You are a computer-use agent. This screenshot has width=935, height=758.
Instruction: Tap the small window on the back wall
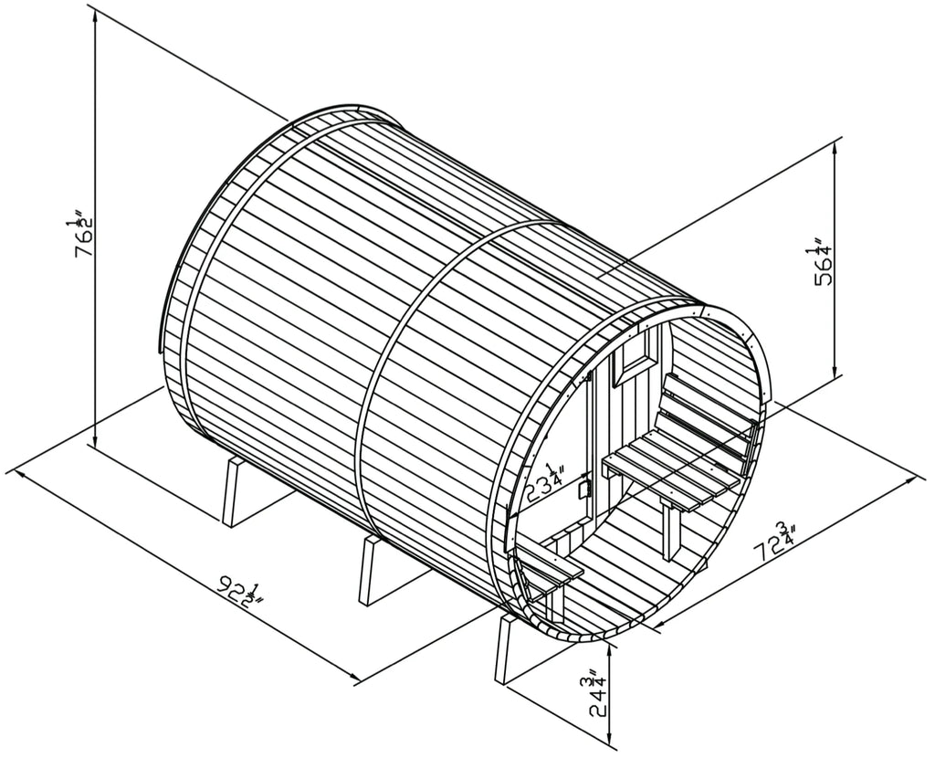(636, 354)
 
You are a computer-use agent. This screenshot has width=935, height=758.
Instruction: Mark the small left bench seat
(553, 566)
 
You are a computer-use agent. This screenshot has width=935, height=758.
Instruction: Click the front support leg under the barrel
(506, 649)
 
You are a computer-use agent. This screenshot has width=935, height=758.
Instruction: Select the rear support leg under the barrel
(236, 491)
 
